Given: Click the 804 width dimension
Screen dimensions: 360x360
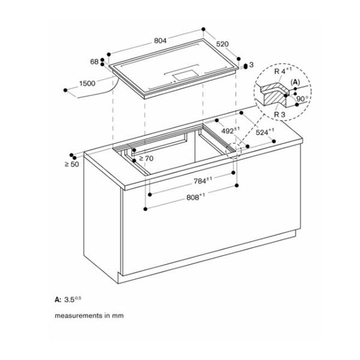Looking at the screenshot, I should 160,41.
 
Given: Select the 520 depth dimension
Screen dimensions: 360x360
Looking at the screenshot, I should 223,44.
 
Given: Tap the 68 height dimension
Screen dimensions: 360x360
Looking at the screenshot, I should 94,62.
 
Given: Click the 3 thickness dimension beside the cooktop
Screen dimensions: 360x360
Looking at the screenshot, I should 251,64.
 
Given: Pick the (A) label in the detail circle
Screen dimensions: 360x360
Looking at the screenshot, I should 295,82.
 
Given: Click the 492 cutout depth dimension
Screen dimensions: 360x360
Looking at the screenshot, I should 230,130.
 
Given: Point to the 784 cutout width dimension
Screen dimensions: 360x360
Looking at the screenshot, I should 200,180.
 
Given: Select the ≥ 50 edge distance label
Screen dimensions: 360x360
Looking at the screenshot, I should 71,164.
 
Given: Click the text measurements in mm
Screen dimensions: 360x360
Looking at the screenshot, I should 89,315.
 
